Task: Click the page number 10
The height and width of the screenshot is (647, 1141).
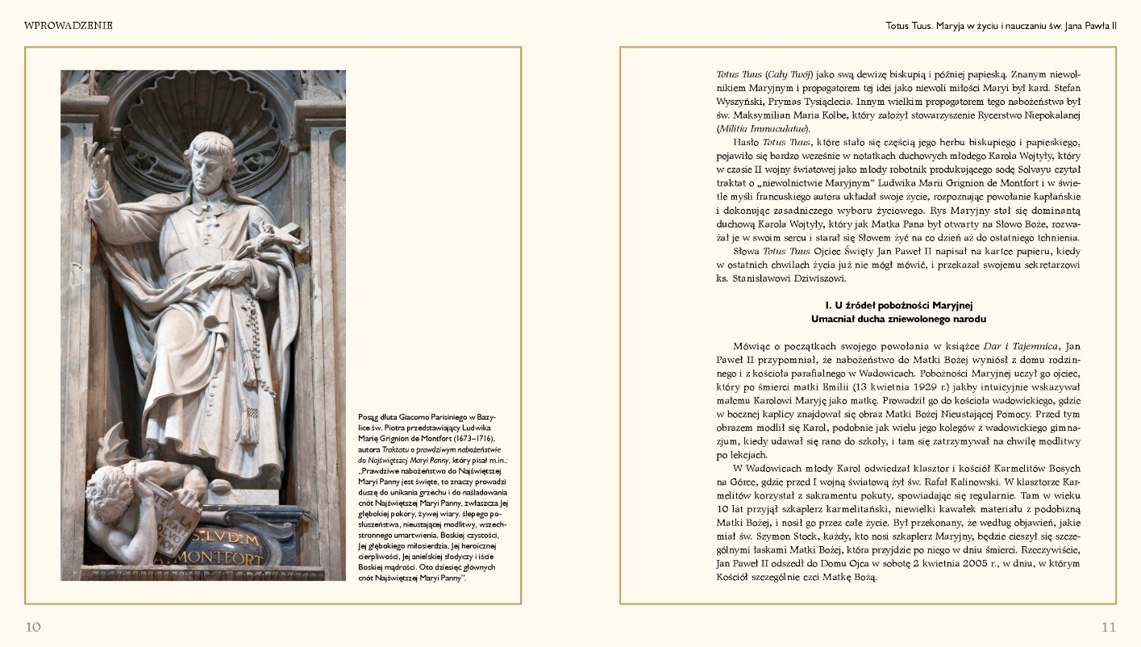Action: point(33,627)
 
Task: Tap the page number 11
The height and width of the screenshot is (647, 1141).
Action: point(1108,627)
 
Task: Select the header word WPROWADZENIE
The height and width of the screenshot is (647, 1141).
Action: point(69,26)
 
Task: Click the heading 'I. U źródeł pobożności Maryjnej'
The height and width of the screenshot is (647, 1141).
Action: point(899,305)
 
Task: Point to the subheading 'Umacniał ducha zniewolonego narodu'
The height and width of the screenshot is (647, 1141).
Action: point(899,319)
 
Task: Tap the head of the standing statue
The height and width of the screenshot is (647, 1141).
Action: point(207,154)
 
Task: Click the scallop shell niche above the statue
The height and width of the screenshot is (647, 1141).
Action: point(202,101)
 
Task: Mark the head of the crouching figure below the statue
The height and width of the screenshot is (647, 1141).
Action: point(121,485)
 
